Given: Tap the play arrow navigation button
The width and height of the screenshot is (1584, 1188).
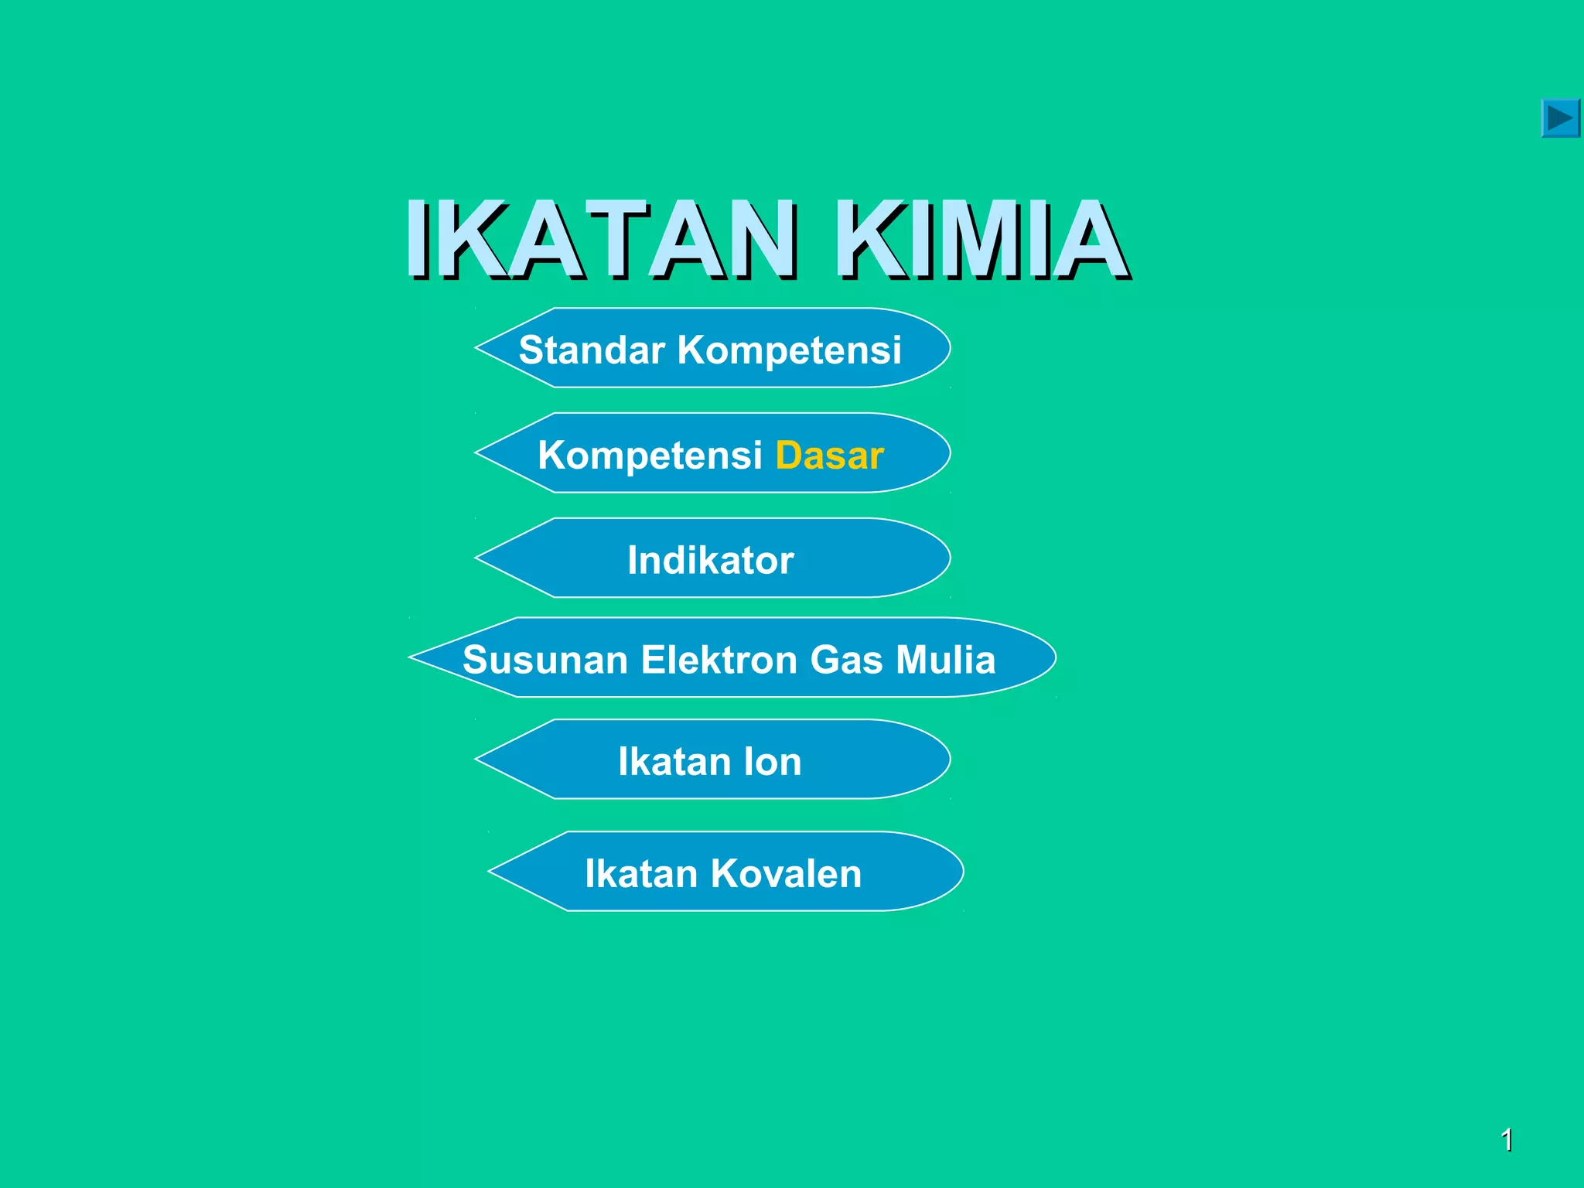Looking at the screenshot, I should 1559,118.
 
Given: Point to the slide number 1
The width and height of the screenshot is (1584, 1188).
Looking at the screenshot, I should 1507,1140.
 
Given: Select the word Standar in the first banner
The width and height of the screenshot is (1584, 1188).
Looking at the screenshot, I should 592,350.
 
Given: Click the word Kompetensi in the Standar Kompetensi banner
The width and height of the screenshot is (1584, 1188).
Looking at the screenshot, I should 789,350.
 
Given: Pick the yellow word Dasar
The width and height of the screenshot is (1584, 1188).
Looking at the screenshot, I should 829,455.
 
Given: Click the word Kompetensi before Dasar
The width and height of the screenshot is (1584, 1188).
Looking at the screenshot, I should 650,455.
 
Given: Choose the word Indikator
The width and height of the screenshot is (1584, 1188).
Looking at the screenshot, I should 710,560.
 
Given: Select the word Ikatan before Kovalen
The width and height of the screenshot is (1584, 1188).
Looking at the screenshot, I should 641,873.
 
